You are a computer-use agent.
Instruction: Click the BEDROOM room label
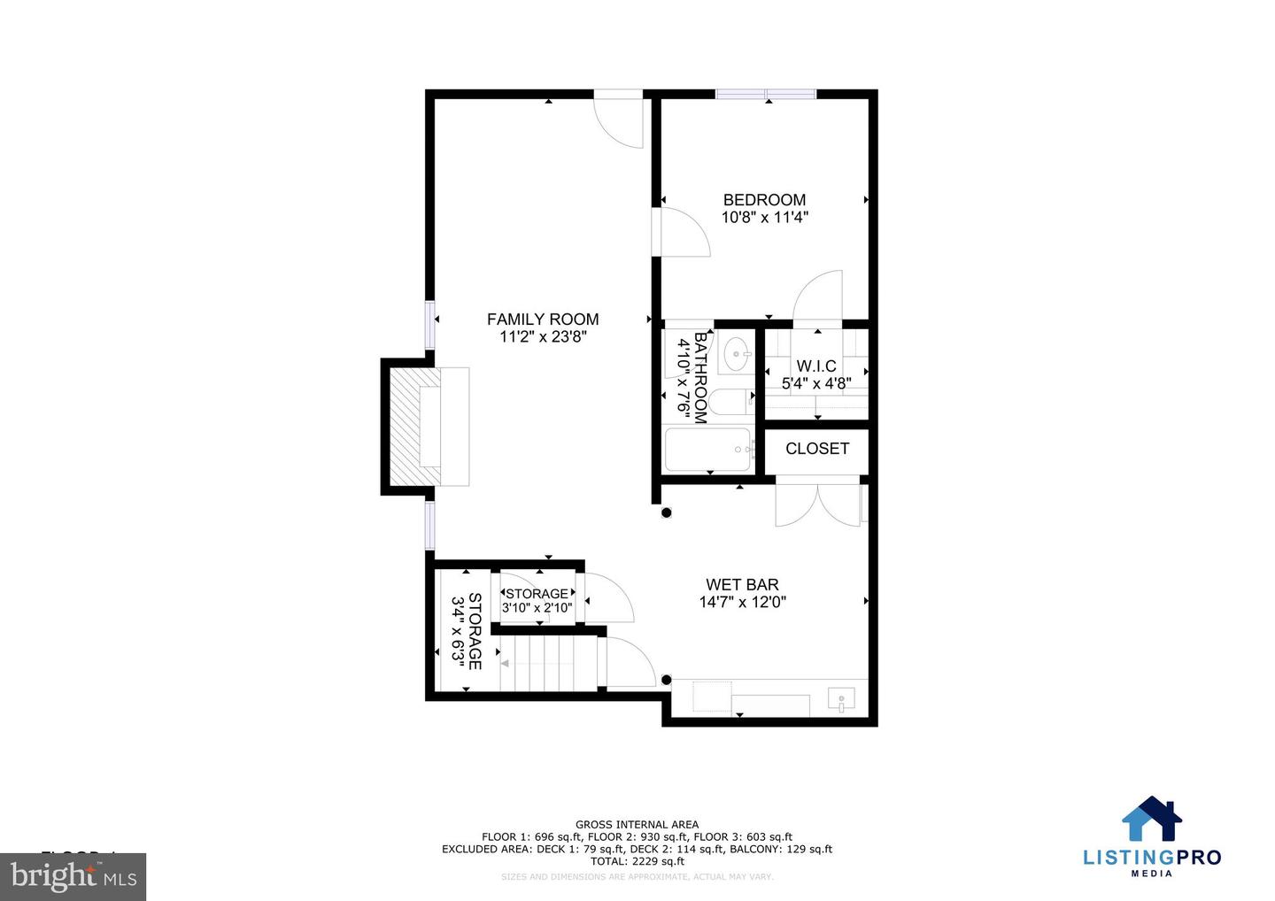pyautogui.click(x=764, y=200)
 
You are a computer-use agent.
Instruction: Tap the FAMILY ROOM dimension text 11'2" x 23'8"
pyautogui.click(x=543, y=336)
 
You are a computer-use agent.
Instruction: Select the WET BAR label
pyautogui.click(x=742, y=584)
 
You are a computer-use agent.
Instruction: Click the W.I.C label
pyautogui.click(x=815, y=366)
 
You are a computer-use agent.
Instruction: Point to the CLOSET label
pyautogui.click(x=816, y=449)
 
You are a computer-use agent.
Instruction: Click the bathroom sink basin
pyautogui.click(x=735, y=355)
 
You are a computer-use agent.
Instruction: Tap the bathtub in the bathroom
pyautogui.click(x=708, y=450)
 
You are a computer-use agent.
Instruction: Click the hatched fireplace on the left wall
pyautogui.click(x=414, y=427)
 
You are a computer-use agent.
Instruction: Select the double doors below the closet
pyautogui.click(x=817, y=504)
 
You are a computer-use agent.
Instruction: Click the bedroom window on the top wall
pyautogui.click(x=766, y=94)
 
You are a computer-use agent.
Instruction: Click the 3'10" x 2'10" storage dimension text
pyautogui.click(x=537, y=608)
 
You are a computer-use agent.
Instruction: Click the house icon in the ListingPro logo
pyautogui.click(x=1152, y=819)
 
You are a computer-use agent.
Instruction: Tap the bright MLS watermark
pyautogui.click(x=73, y=877)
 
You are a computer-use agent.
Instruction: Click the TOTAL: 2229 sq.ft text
pyautogui.click(x=637, y=861)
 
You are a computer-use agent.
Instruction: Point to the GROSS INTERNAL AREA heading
pyautogui.click(x=637, y=824)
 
